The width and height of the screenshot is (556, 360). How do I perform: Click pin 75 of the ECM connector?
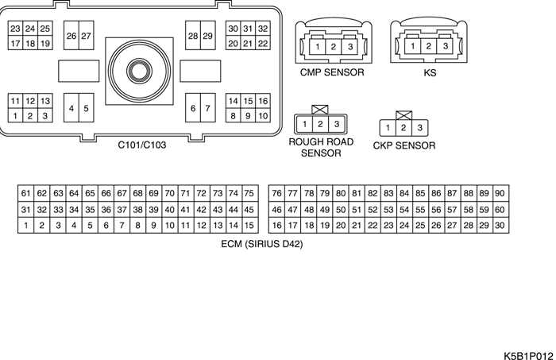tap(249, 193)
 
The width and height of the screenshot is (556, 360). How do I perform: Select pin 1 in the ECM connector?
tap(26, 226)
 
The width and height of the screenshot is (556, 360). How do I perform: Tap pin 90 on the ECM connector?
tap(500, 193)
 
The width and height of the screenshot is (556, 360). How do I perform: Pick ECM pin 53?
tap(388, 210)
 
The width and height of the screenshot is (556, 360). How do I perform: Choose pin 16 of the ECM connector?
tap(276, 226)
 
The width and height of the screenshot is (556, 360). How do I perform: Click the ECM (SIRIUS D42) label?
tap(262, 245)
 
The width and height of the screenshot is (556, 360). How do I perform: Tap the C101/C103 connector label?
tap(142, 145)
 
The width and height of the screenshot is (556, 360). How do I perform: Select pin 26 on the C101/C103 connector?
tap(71, 36)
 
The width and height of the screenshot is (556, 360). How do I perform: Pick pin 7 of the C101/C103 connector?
tap(207, 108)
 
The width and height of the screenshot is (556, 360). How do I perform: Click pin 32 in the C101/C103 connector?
tap(263, 29)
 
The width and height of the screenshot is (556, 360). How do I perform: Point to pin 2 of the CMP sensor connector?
tap(333, 47)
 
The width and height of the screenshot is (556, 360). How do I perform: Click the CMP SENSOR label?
tap(332, 72)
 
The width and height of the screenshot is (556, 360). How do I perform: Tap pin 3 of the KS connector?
tap(446, 47)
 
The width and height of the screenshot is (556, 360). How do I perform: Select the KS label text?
tap(430, 72)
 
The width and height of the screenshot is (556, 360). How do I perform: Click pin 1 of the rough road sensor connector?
tap(305, 124)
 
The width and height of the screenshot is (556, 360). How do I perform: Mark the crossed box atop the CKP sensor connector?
tap(403, 115)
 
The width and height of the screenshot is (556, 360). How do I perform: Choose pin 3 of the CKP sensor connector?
tap(419, 128)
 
